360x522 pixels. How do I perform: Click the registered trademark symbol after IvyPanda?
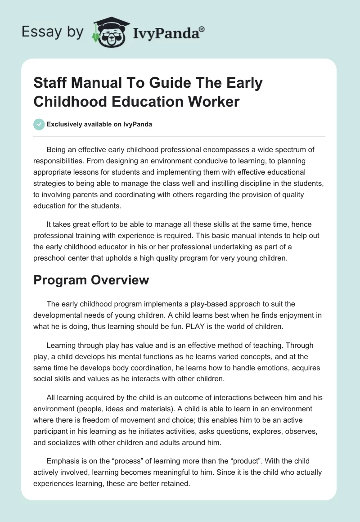click(202, 29)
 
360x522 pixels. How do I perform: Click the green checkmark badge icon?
click(39, 124)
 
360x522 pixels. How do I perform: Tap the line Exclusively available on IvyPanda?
click(99, 124)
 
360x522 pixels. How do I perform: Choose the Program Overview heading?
click(91, 280)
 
